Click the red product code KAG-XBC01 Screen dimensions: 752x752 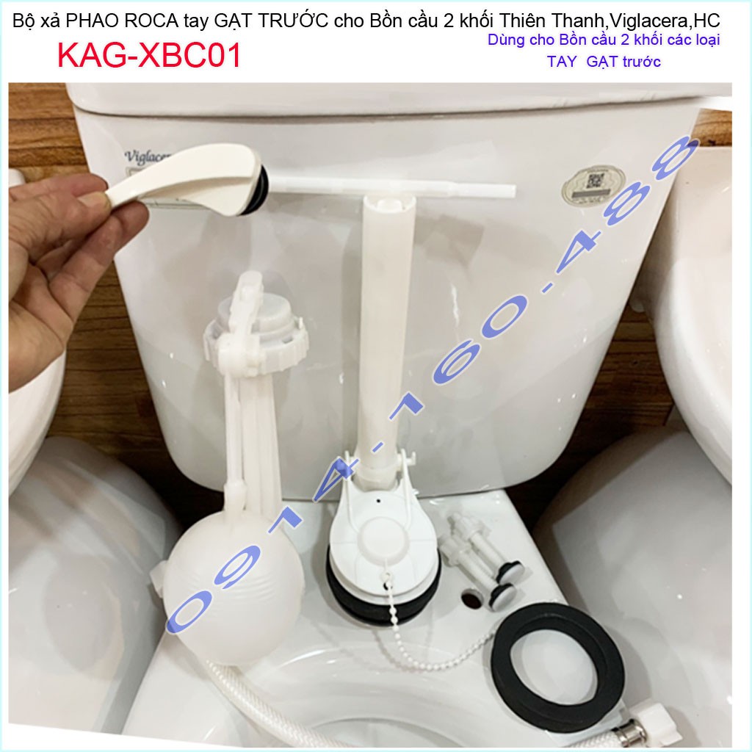(x=149, y=56)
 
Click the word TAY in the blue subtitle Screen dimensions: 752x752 (x=562, y=62)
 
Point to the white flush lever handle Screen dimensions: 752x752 (x=183, y=178)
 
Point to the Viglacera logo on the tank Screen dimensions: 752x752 (x=147, y=157)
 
